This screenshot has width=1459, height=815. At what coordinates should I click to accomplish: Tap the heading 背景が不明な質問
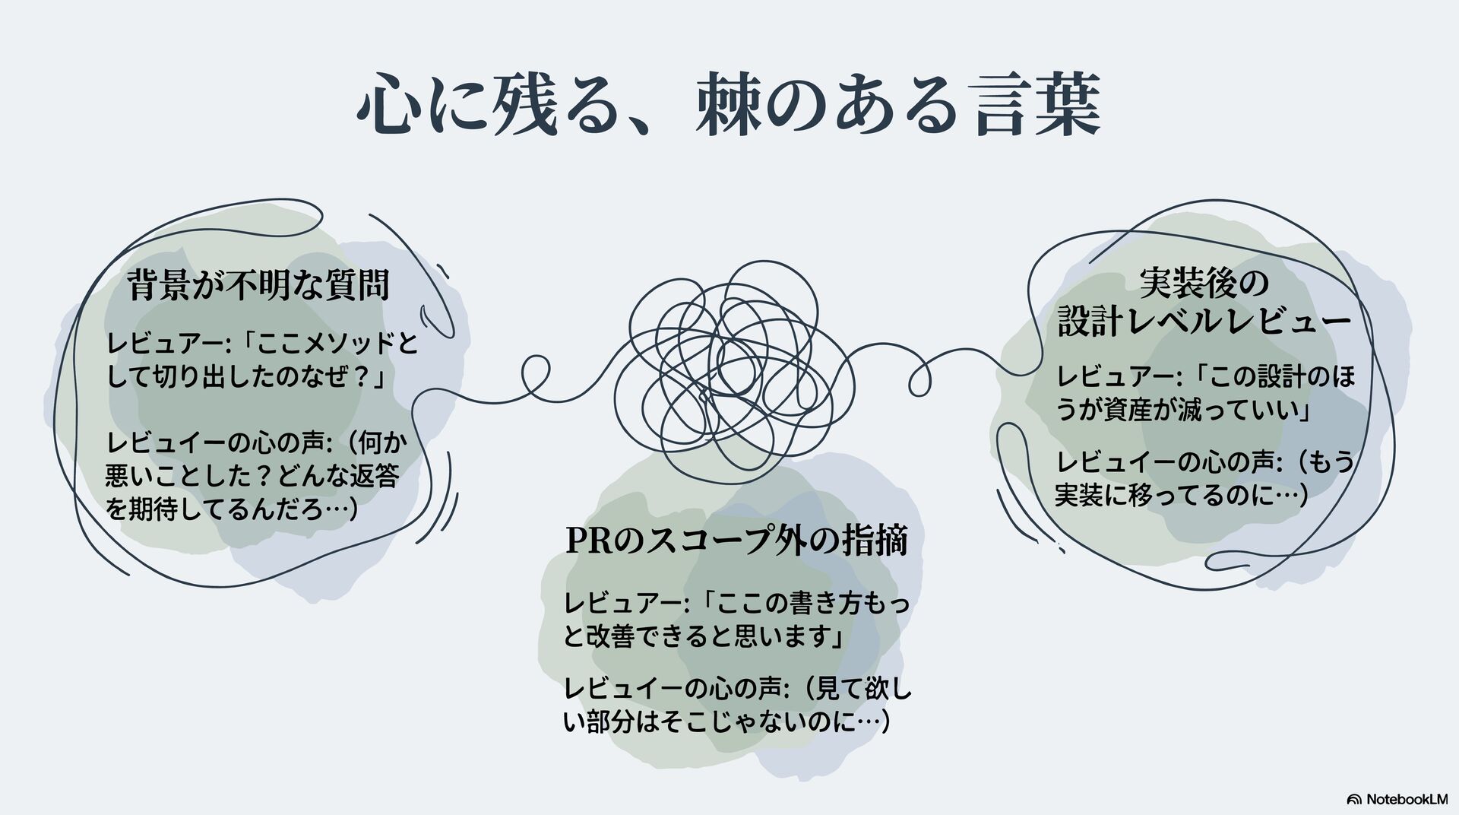(x=258, y=285)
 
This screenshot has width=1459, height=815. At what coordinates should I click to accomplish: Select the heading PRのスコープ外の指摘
(x=736, y=541)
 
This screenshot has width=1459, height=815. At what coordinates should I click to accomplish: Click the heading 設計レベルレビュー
(x=1204, y=322)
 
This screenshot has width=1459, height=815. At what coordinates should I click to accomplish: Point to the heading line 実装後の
(x=1204, y=284)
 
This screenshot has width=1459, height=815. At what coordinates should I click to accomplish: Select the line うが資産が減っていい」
(x=1183, y=411)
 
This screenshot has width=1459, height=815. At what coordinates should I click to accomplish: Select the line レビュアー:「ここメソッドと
(x=263, y=344)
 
